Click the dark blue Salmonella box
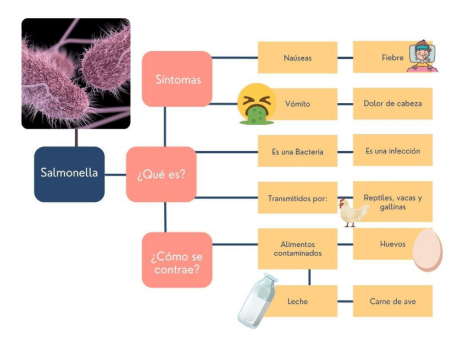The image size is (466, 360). pyautogui.click(x=69, y=174)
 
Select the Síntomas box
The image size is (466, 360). pyautogui.click(x=177, y=79)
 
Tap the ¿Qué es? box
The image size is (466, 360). pyautogui.click(x=161, y=174)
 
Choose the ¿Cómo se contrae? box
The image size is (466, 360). pyautogui.click(x=177, y=260)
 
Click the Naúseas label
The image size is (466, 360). pyautogui.click(x=298, y=58)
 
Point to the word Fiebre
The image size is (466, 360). pyautogui.click(x=392, y=58)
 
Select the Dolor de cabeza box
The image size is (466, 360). pyautogui.click(x=392, y=103)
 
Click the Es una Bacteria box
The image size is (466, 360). pyautogui.click(x=298, y=152)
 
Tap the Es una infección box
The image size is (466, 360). pyautogui.click(x=392, y=151)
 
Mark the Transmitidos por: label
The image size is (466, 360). pyautogui.click(x=298, y=198)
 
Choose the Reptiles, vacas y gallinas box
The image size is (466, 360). pyautogui.click(x=392, y=202)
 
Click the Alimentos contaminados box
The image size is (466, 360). pyautogui.click(x=298, y=248)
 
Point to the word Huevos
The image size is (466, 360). pyautogui.click(x=392, y=243)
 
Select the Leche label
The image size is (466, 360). pyautogui.click(x=298, y=301)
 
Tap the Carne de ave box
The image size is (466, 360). pyautogui.click(x=392, y=301)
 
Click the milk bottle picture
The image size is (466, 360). pyautogui.click(x=257, y=301)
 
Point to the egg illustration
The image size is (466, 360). pyautogui.click(x=427, y=250)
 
